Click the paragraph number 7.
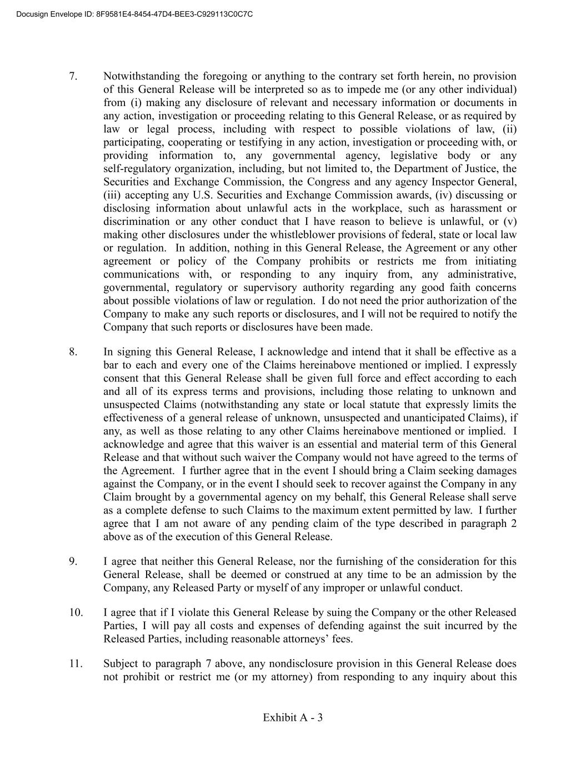73,76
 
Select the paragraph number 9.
73,561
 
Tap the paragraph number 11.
76,664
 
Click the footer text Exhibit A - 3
293,717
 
